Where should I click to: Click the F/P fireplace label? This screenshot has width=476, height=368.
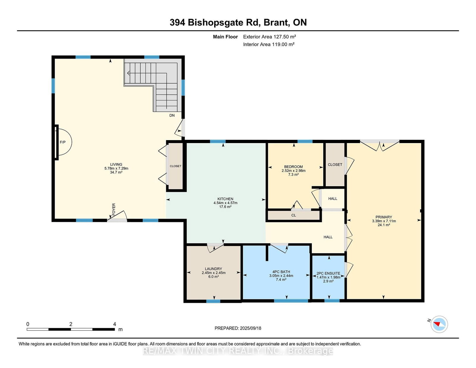click(63, 142)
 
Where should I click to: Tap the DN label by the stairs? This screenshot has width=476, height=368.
click(172, 115)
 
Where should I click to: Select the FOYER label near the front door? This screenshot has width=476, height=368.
click(114, 209)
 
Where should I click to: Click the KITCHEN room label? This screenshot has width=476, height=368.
click(225, 199)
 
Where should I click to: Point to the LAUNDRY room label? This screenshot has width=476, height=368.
click(213, 269)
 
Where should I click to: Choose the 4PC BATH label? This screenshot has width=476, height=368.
click(281, 272)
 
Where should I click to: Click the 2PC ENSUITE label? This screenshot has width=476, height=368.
click(328, 273)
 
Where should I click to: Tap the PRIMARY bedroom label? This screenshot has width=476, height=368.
click(383, 217)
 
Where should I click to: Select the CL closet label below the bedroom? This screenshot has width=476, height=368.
click(294, 215)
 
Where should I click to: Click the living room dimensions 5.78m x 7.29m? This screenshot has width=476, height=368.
click(116, 168)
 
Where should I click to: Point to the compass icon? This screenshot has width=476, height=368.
click(439, 324)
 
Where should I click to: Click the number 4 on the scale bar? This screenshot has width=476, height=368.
click(114, 324)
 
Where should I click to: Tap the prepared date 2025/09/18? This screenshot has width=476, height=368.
click(250, 328)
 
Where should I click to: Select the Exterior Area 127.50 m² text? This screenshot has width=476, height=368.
click(270, 37)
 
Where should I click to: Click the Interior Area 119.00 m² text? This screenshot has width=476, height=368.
click(269, 44)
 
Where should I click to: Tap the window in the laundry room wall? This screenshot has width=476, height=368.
click(213, 301)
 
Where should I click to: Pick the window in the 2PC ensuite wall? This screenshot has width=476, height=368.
click(332, 300)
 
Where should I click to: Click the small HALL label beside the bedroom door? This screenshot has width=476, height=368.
click(333, 199)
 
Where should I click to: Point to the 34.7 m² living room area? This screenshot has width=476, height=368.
click(116, 172)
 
